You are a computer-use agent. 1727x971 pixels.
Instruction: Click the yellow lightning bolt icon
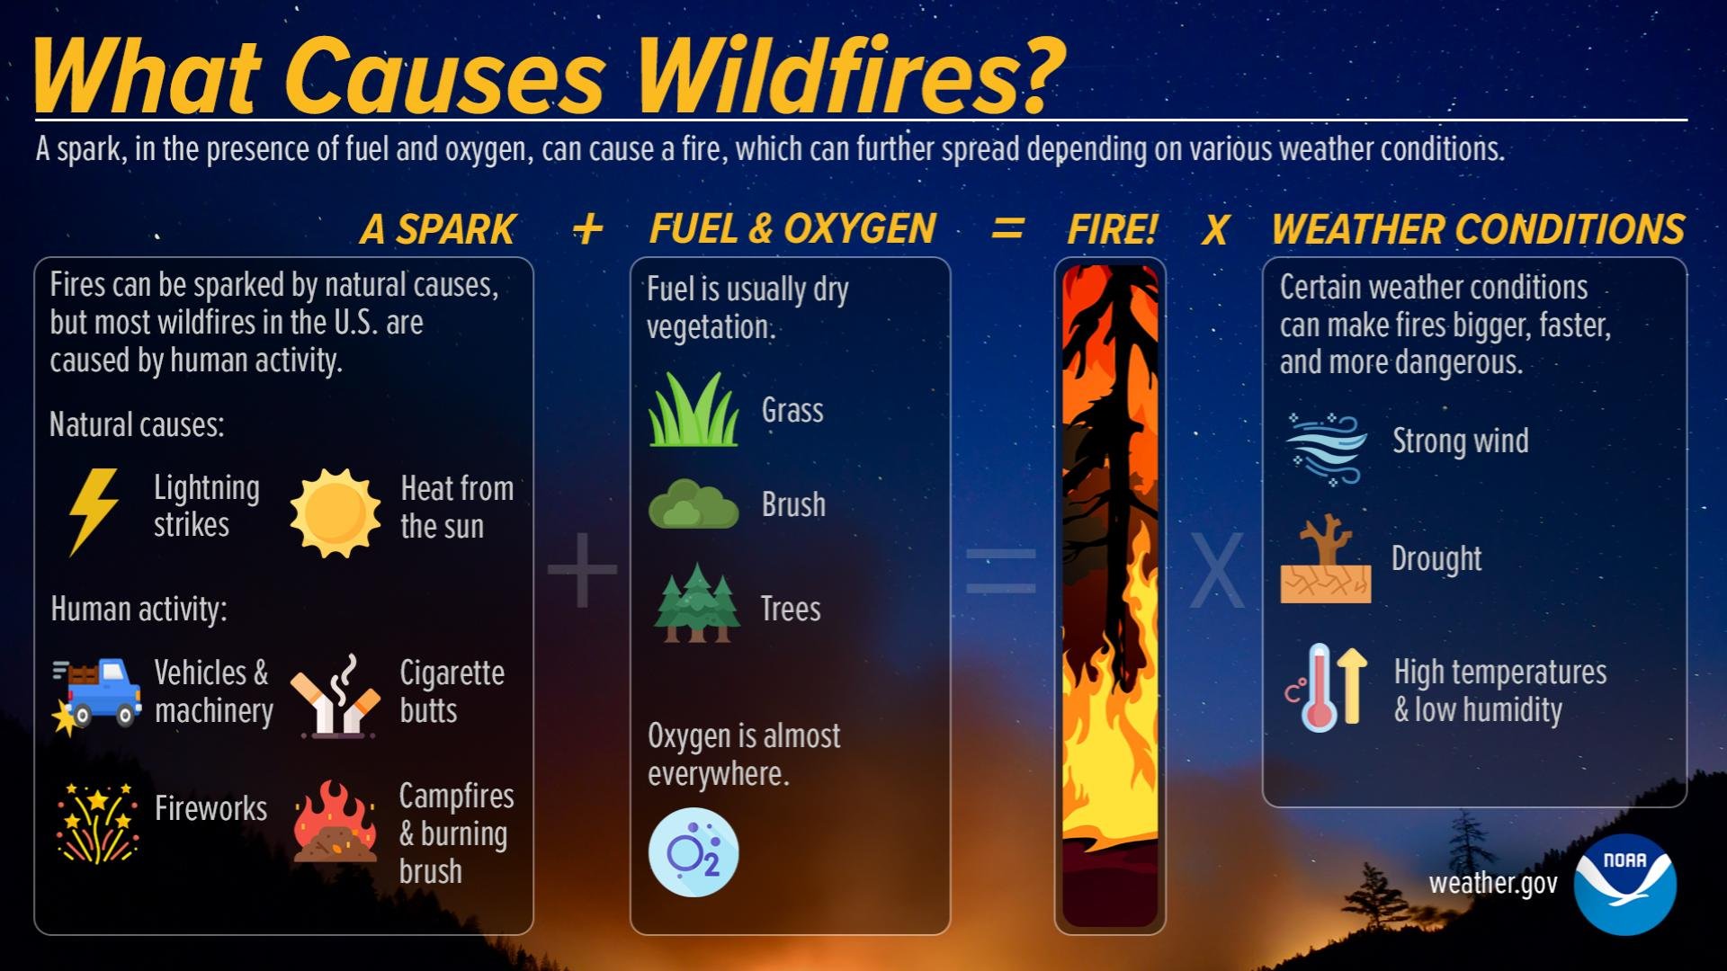pos(94,511)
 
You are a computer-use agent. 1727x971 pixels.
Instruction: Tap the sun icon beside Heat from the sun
pos(335,512)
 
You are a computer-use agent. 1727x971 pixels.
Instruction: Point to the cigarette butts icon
pos(335,697)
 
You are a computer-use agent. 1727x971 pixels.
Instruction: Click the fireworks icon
pos(97,822)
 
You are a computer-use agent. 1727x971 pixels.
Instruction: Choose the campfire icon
pos(335,822)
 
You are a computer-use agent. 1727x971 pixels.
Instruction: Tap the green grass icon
pos(693,411)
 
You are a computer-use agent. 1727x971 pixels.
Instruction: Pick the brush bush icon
pos(693,505)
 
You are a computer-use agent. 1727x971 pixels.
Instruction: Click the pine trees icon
pos(695,604)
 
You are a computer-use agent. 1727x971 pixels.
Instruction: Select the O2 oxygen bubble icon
pos(693,851)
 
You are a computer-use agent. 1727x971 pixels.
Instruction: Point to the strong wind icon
pos(1326,448)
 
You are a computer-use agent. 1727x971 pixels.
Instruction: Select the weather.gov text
pos(1493,884)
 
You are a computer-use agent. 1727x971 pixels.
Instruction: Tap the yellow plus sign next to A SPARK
pos(587,229)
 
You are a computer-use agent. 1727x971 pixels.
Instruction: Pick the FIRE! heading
pos(1112,229)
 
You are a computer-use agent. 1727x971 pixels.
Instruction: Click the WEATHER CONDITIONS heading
pos(1477,229)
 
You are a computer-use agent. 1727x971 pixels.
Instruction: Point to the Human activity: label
pos(139,610)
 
